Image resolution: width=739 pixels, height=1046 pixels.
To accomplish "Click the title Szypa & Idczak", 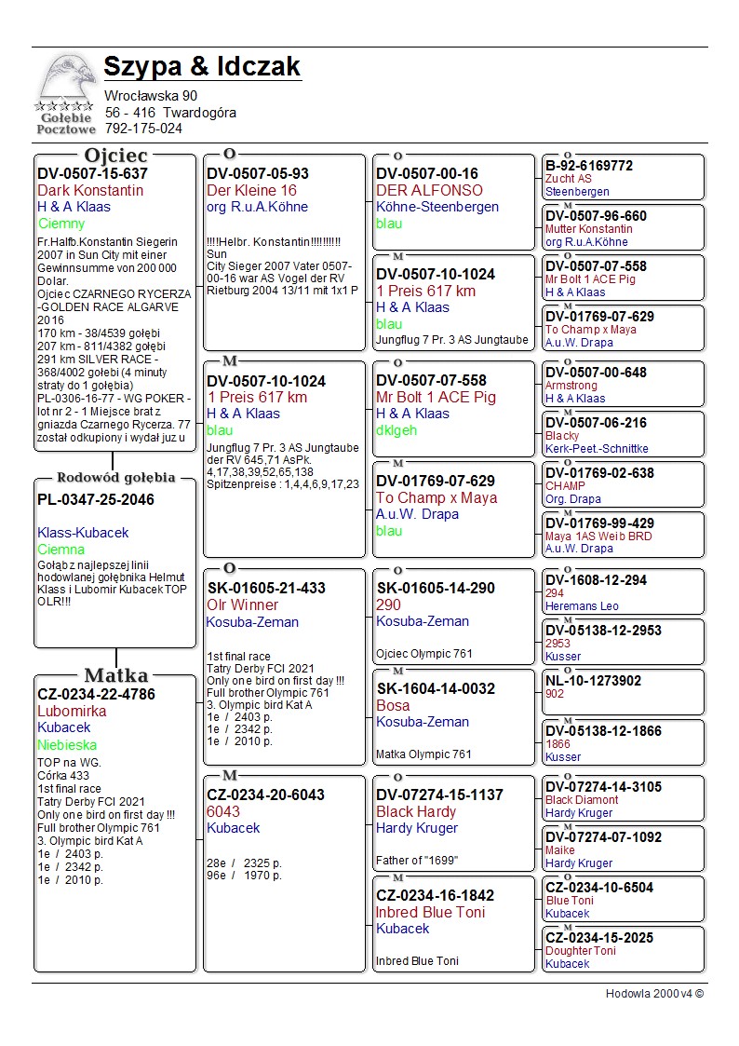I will pyautogui.click(x=202, y=67).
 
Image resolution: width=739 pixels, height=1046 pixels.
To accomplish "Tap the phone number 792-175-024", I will pyautogui.click(x=143, y=129).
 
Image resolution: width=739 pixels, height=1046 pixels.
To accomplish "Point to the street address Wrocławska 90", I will pyautogui.click(x=151, y=95).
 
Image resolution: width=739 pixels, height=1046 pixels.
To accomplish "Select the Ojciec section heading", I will pyautogui.click(x=115, y=156).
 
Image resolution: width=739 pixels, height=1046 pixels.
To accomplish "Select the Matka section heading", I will pyautogui.click(x=115, y=675).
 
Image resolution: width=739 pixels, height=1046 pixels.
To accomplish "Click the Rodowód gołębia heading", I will pyautogui.click(x=115, y=478).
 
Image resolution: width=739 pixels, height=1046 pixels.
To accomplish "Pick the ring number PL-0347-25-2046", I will pyautogui.click(x=96, y=499).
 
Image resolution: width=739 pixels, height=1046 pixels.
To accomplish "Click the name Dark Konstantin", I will pyautogui.click(x=90, y=190).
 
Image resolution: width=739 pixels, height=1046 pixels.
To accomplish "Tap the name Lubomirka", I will pyautogui.click(x=72, y=711).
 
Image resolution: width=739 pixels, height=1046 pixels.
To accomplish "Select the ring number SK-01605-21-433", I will pyautogui.click(x=266, y=588).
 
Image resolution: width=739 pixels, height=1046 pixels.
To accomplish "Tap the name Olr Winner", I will pyautogui.click(x=242, y=605).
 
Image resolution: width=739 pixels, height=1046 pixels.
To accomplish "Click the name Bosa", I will pyautogui.click(x=393, y=705).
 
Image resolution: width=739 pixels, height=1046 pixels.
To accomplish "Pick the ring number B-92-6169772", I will pyautogui.click(x=588, y=166).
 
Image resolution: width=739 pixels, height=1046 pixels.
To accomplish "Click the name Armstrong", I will pyautogui.click(x=571, y=386).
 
